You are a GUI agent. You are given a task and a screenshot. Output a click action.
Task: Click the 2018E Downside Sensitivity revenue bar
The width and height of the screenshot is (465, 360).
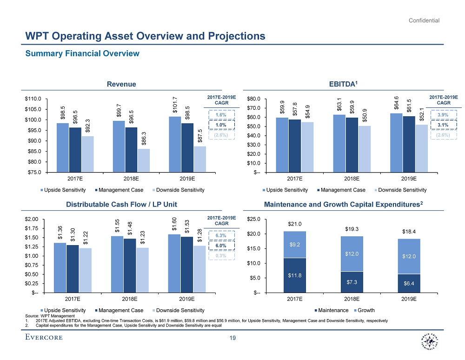click(144, 160)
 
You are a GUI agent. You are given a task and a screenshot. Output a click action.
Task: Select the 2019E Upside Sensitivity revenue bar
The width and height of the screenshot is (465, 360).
click(175, 144)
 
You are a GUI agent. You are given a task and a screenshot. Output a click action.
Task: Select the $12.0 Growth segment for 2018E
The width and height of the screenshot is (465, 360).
click(352, 253)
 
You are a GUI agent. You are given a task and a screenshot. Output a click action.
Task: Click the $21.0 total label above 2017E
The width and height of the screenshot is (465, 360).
click(295, 225)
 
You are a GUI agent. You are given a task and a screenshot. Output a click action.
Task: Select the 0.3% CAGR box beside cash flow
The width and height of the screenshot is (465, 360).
click(222, 255)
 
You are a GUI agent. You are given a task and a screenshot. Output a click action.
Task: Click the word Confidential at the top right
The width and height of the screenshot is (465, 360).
click(424, 20)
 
